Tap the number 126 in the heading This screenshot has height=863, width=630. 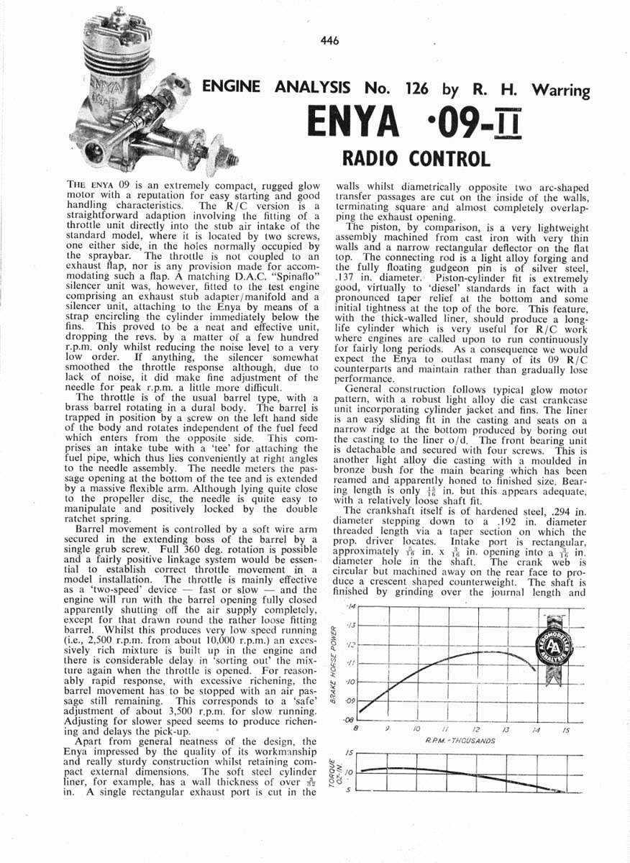(417, 89)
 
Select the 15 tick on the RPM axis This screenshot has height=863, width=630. (565, 730)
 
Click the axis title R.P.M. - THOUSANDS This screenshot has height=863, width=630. (460, 740)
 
